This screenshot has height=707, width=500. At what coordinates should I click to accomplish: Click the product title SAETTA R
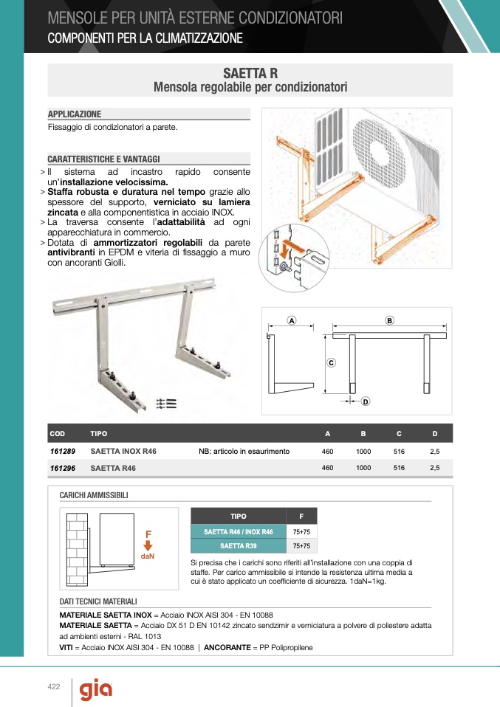[250, 73]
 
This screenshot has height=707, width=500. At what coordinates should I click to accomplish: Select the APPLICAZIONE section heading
[75, 114]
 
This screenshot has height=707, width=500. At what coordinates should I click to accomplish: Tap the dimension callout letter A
[292, 321]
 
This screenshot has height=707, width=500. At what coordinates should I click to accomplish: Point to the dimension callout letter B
[389, 320]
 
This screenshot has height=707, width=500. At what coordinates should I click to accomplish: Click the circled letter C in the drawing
[332, 362]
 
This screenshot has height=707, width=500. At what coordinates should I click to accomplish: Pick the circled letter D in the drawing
[365, 401]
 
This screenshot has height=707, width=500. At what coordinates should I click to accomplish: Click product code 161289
[64, 451]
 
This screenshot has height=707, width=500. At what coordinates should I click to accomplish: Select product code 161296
[64, 468]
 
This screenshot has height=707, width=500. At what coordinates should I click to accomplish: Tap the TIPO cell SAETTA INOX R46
[123, 451]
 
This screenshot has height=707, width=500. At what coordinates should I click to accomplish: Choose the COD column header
[57, 433]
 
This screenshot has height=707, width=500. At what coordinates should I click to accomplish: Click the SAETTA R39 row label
[238, 546]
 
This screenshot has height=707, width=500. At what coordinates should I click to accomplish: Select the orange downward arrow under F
[148, 545]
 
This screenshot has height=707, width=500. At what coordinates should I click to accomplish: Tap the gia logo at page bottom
[96, 690]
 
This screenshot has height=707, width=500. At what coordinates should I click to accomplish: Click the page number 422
[53, 687]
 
